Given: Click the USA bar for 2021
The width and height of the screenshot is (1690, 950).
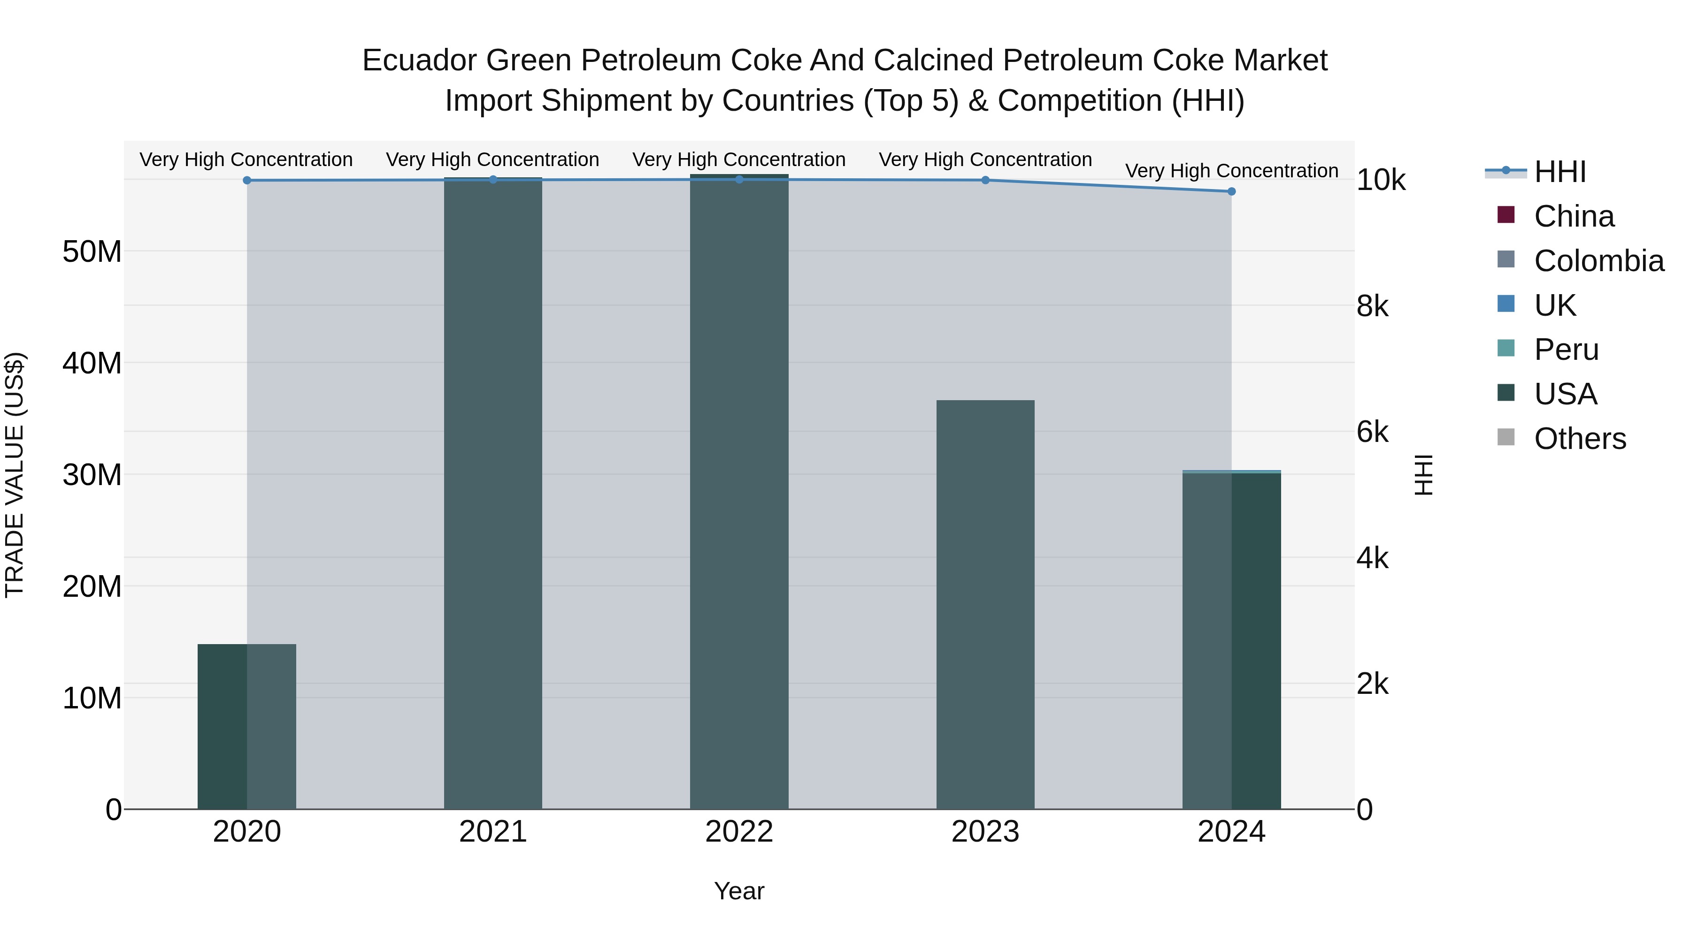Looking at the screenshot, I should coord(493,492).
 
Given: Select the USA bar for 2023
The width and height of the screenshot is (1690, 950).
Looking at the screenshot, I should coord(985,603).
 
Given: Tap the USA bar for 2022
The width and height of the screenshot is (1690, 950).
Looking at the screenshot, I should coord(739,492).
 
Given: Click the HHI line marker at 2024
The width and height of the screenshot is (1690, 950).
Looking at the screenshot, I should coord(1231,191).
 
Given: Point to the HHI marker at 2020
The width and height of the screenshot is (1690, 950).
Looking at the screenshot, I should coord(246,180).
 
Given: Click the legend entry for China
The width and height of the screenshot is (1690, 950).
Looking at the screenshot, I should coord(1573,216).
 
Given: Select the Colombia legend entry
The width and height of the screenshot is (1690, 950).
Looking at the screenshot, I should coord(1598,261).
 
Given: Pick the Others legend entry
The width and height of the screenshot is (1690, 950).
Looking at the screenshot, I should coord(1579,439).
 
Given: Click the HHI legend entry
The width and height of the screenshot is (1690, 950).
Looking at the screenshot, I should coord(1559,172).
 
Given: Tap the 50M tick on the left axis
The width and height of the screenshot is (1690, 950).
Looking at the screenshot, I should coord(92,252).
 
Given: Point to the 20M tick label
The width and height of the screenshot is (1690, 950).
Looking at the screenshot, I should coord(92,586).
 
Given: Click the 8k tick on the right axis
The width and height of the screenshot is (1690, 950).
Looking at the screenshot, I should coord(1373,306).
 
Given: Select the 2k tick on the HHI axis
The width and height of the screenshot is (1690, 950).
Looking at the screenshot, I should coord(1373,684).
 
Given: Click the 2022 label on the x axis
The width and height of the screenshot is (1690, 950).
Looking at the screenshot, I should coord(739,832).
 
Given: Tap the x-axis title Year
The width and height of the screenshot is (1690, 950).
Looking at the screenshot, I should coord(739,891).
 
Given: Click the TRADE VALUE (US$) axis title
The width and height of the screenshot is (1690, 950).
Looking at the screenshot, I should coord(15,475).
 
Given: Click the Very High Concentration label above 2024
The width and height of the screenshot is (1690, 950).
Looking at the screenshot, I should coord(1231,170).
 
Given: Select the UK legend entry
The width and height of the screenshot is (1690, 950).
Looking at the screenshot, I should coord(1554,305).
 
